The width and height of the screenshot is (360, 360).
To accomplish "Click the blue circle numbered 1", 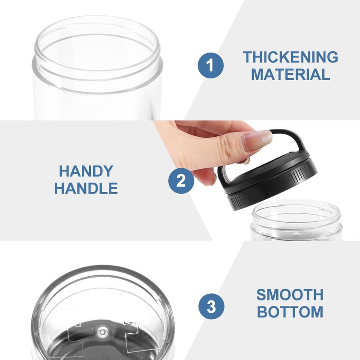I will coord(211,65).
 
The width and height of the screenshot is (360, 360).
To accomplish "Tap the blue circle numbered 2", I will coord(181,181).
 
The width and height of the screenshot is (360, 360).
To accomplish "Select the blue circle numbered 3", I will coord(211,308).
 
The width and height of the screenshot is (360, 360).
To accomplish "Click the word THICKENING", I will coord(290,57).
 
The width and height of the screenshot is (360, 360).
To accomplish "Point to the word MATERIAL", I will coord(290,74).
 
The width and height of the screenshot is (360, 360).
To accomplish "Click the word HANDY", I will coord(86,171).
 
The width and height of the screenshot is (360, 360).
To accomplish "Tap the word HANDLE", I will coord(86,188).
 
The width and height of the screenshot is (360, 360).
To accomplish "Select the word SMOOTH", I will coord(290,295).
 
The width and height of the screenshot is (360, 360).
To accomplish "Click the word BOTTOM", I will coord(290,312).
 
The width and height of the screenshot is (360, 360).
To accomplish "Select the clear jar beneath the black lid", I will coord(297,223).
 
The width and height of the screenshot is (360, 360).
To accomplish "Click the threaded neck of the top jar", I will coord(97,74).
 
